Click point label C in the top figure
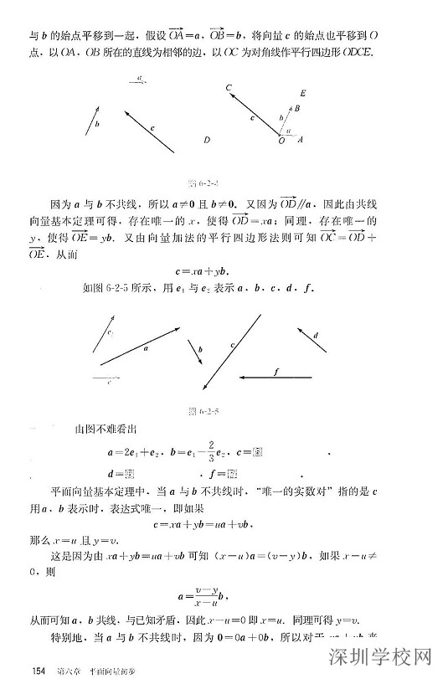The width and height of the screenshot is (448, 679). tap(229, 87)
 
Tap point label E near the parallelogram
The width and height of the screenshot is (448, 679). tap(302, 93)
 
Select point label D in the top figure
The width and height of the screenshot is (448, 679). tap(207, 141)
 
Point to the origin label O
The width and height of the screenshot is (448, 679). tap(281, 141)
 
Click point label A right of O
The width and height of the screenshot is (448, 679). tap(301, 141)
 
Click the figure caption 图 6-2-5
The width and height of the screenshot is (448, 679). tap(209, 411)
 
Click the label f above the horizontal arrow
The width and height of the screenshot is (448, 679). tap(275, 370)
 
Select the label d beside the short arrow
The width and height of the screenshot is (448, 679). tap(315, 336)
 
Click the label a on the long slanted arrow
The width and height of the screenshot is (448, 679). tap(146, 346)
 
